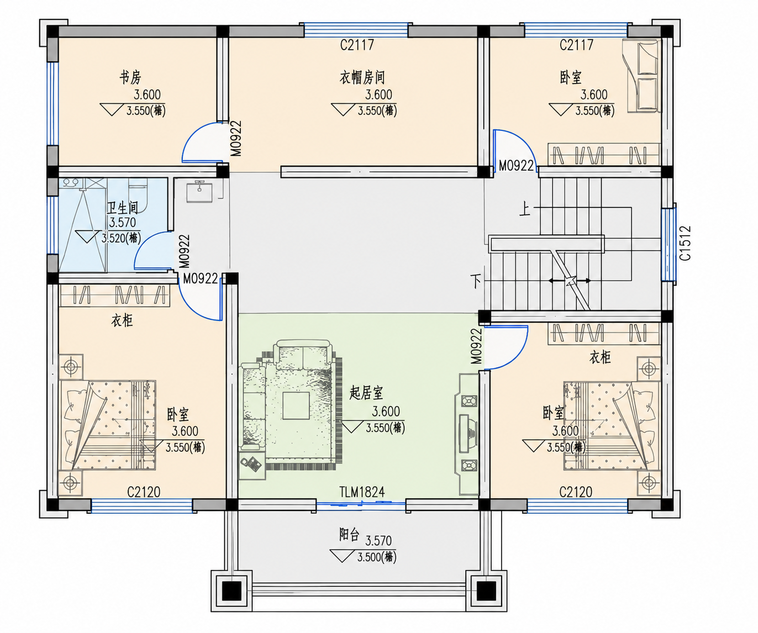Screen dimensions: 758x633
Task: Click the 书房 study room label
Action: pyautogui.click(x=130, y=77)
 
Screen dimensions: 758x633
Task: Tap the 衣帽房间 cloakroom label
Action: pyautogui.click(x=362, y=77)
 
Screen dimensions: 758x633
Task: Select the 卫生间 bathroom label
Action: pyautogui.click(x=122, y=208)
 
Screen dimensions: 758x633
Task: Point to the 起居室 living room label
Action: pyautogui.click(x=366, y=393)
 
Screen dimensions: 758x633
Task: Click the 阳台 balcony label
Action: pyautogui.click(x=349, y=535)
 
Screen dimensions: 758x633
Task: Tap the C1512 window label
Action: pyautogui.click(x=685, y=243)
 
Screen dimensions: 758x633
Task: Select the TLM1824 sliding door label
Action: pyautogui.click(x=362, y=492)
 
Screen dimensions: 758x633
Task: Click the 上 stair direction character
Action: pyautogui.click(x=525, y=209)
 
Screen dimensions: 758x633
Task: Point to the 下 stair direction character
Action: pyautogui.click(x=476, y=281)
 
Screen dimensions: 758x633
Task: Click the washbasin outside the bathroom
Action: pyautogui.click(x=199, y=192)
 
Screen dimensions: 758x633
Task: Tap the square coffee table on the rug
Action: pyautogui.click(x=296, y=405)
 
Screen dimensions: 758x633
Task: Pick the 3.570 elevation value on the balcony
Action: pyautogui.click(x=378, y=541)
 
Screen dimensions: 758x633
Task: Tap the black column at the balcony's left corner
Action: pyautogui.click(x=231, y=591)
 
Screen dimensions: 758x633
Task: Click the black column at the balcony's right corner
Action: pyautogui.click(x=486, y=591)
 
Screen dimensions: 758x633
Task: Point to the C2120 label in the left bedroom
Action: pyautogui.click(x=144, y=492)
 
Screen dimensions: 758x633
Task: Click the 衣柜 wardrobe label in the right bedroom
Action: pyautogui.click(x=600, y=357)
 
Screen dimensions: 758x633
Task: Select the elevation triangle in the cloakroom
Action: pyautogui.click(x=343, y=109)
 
